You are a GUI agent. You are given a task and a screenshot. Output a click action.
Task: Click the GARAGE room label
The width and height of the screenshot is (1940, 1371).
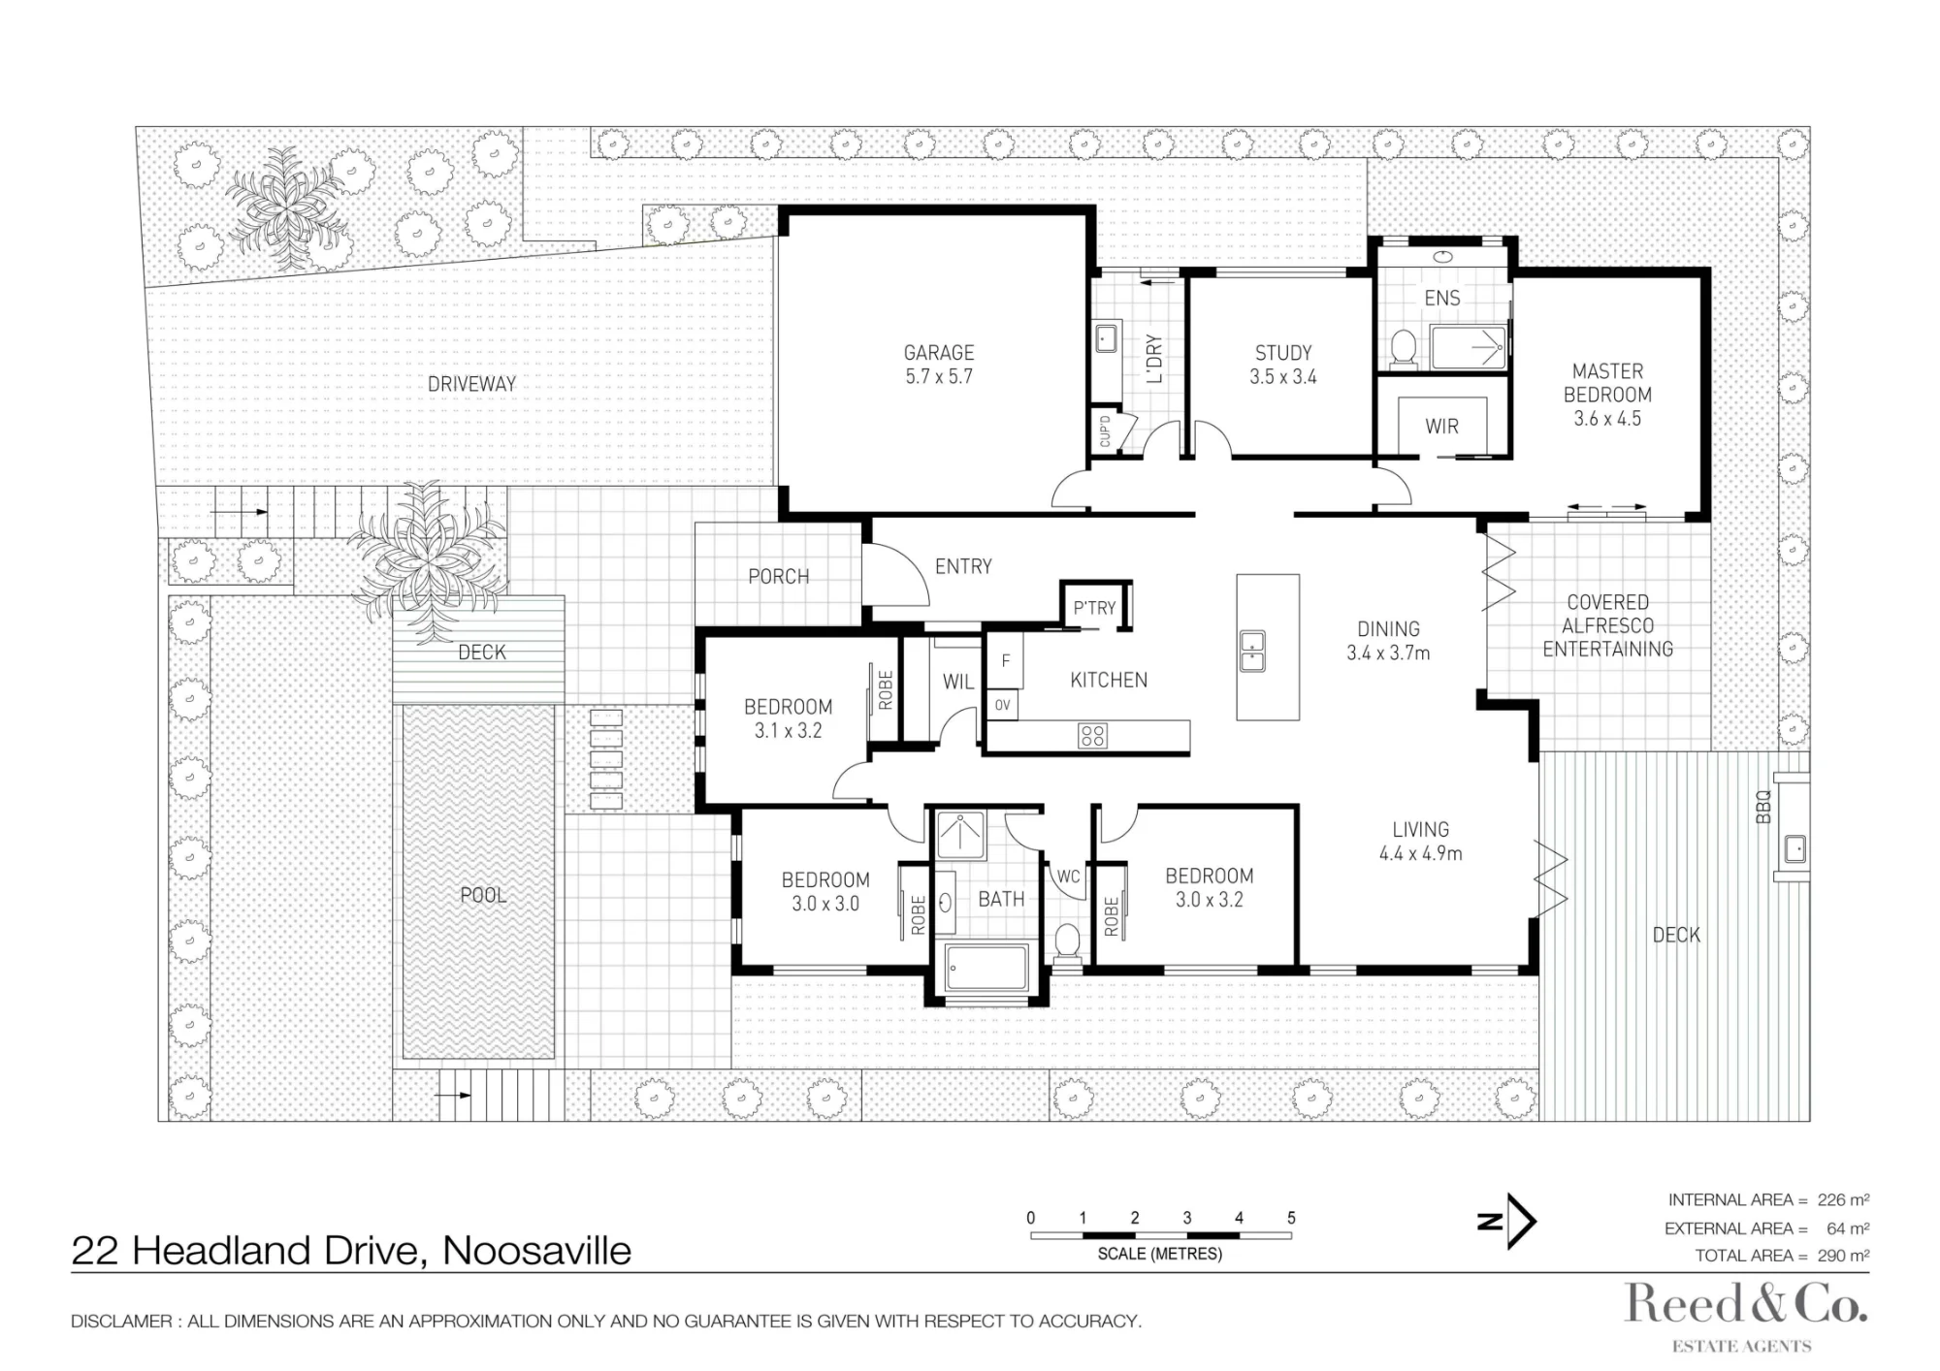click(x=938, y=353)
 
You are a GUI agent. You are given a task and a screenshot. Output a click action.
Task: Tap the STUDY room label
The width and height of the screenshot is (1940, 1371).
click(x=1282, y=353)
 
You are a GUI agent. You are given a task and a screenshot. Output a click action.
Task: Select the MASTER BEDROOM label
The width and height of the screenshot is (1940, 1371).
click(x=1607, y=383)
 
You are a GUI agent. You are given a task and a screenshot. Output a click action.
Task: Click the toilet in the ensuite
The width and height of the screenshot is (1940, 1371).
click(x=1403, y=348)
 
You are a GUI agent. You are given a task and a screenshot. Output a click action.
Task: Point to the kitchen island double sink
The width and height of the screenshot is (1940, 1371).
click(x=1252, y=651)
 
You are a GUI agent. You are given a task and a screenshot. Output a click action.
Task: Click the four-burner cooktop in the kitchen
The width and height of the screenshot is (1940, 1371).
click(x=1092, y=736)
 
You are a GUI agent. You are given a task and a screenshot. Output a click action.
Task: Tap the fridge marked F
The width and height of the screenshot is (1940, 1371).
click(x=1006, y=661)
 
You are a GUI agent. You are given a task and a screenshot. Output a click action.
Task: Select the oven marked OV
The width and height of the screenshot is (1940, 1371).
click(x=1002, y=705)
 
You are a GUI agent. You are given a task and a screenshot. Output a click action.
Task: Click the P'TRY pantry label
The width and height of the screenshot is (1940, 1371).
click(x=1094, y=608)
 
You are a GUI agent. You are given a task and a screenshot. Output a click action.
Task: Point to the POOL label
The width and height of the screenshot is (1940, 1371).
click(x=483, y=895)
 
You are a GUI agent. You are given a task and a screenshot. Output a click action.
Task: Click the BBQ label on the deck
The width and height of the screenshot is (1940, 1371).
click(x=1763, y=808)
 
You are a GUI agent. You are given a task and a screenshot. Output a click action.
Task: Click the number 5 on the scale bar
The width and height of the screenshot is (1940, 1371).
click(x=1291, y=1218)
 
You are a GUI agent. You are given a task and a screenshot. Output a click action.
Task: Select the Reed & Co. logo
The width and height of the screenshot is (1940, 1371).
click(x=1746, y=1314)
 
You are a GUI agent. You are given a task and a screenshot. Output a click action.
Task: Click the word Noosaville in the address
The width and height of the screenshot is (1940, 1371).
click(x=536, y=1251)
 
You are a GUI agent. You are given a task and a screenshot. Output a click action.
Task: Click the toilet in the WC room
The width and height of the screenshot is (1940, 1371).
click(x=1067, y=941)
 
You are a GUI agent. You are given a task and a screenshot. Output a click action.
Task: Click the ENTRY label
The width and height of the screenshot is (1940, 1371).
click(x=963, y=566)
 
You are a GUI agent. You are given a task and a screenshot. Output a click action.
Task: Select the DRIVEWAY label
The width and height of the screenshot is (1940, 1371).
click(x=471, y=384)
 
